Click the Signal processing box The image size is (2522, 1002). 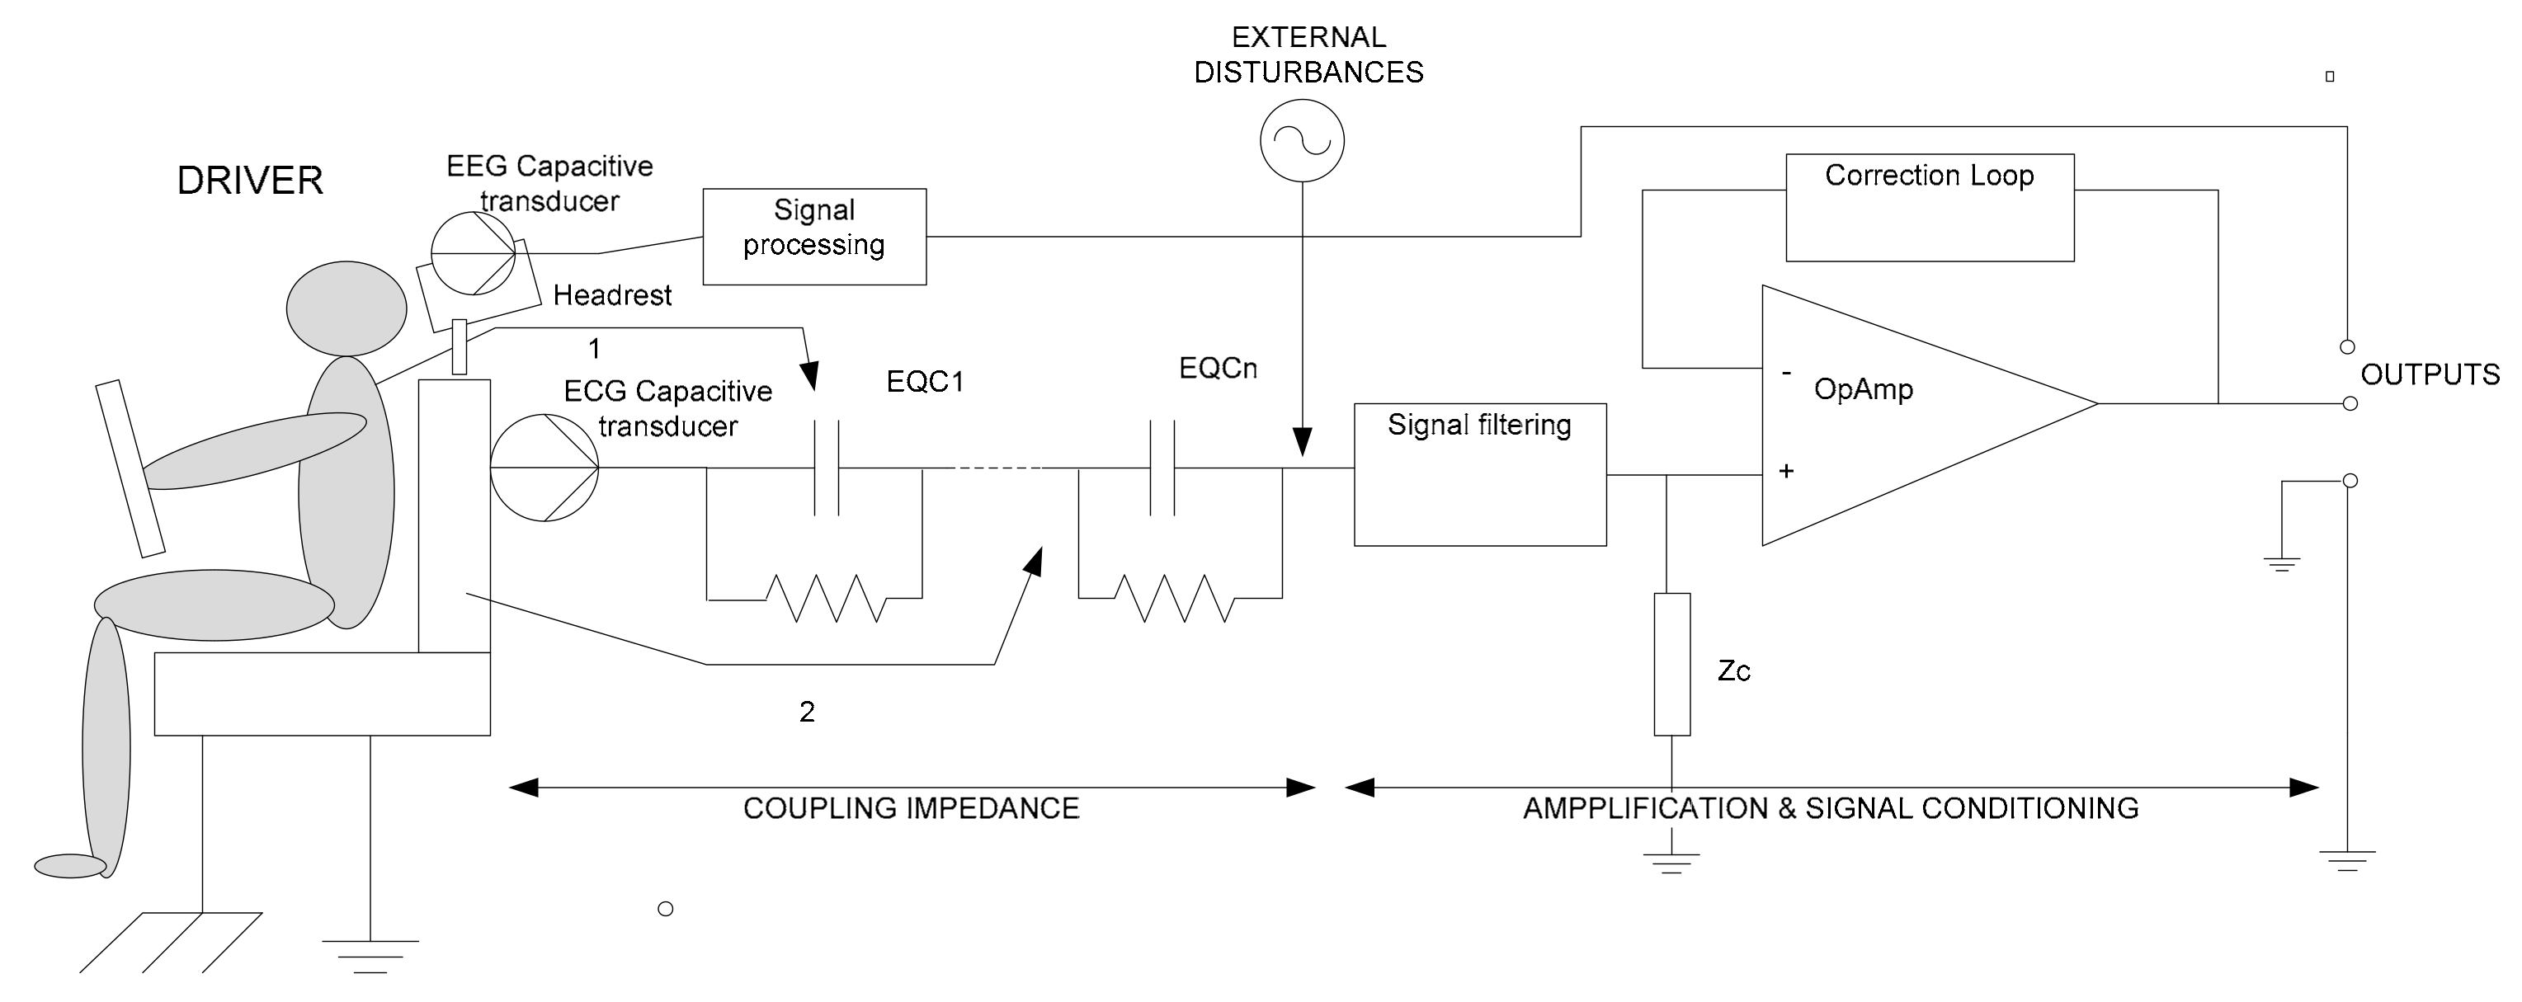click(813, 236)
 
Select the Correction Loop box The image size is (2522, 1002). click(1929, 208)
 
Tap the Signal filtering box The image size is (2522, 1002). click(1479, 474)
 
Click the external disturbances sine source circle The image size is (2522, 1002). click(1301, 141)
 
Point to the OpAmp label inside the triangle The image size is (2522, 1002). click(1863, 389)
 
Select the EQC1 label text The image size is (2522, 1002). click(924, 382)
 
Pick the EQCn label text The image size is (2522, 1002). click(1217, 368)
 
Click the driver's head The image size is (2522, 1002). click(346, 308)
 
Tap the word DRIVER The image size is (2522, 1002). click(250, 181)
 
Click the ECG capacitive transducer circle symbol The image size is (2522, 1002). click(544, 467)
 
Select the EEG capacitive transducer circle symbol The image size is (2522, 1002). click(473, 252)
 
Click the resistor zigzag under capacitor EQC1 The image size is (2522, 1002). click(827, 597)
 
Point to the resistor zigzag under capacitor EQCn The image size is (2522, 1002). click(1174, 597)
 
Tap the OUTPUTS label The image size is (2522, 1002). click(2429, 374)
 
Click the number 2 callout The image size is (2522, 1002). click(807, 712)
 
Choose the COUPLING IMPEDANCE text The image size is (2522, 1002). click(911, 808)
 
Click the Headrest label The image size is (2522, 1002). click(612, 295)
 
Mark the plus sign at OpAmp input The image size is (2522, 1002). click(1786, 472)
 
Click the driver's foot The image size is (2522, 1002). click(69, 865)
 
